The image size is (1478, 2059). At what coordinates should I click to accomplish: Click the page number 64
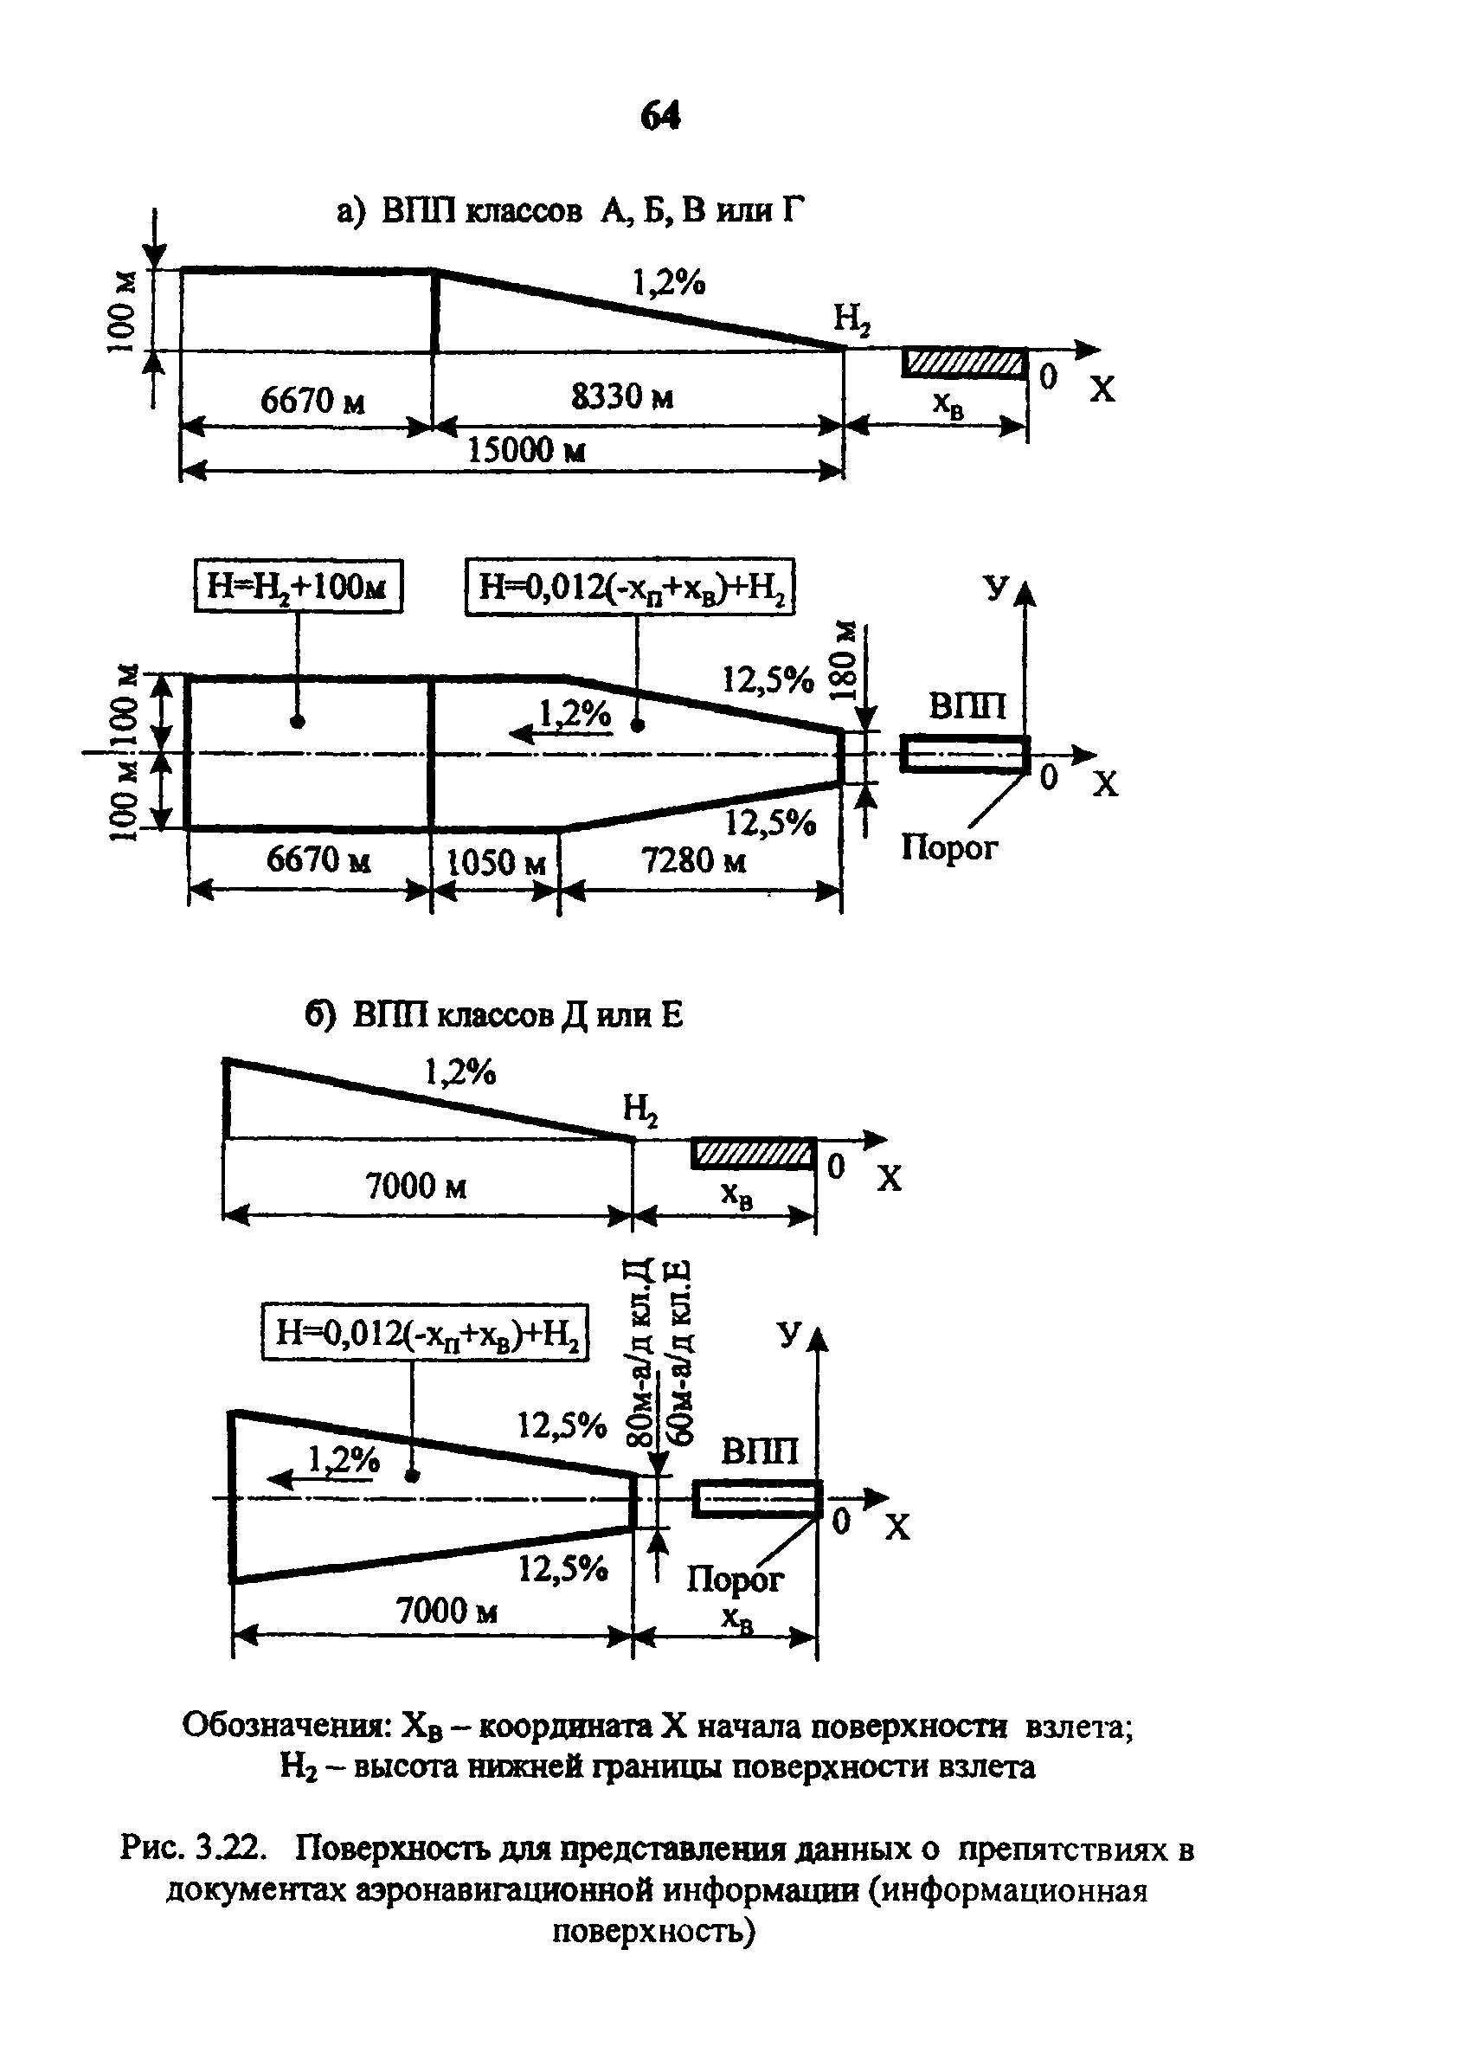point(660,116)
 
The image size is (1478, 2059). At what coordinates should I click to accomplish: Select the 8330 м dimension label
point(622,396)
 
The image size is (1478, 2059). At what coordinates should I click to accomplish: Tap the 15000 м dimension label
point(527,449)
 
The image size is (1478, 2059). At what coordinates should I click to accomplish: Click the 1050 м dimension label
point(497,861)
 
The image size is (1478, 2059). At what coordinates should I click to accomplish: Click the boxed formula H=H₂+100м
point(298,587)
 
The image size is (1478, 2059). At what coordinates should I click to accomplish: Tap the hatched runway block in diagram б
point(754,1154)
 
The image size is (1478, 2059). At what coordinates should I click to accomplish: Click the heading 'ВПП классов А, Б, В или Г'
point(594,211)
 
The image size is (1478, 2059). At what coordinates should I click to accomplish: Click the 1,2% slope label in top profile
point(669,283)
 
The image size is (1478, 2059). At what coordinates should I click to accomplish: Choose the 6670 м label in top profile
point(312,401)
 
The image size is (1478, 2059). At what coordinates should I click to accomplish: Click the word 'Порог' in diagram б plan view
point(735,1580)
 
